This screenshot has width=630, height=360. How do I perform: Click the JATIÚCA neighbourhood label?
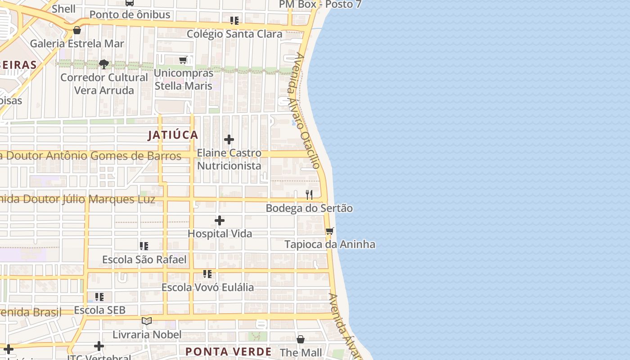point(173,135)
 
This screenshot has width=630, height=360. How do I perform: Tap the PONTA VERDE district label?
point(229,351)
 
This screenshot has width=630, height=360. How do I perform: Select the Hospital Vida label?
point(220,234)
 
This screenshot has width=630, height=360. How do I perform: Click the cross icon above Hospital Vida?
point(220,220)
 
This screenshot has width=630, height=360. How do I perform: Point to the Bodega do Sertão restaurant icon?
point(309,195)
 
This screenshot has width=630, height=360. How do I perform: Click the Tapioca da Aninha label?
point(330,244)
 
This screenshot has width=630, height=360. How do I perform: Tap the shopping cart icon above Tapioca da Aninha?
point(330,231)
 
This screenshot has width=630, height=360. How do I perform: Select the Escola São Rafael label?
point(144,260)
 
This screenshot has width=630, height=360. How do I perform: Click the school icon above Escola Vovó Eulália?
point(207,274)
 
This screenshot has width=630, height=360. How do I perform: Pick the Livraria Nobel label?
point(147,334)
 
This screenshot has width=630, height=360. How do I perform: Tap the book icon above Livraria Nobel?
point(147,321)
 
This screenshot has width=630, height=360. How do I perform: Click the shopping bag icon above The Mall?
point(301,339)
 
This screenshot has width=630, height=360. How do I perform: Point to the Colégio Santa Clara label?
point(234,34)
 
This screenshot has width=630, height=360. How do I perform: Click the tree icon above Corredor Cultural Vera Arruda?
point(104,64)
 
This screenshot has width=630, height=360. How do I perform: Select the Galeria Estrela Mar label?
point(77,44)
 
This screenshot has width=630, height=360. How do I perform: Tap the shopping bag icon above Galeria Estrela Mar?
point(77,30)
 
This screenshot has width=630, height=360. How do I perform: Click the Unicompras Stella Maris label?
point(184,79)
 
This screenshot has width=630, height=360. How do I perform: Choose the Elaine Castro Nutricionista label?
point(229,159)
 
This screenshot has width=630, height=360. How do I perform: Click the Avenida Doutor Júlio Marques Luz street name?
point(77,199)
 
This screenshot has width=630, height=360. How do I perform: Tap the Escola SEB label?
point(99,310)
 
